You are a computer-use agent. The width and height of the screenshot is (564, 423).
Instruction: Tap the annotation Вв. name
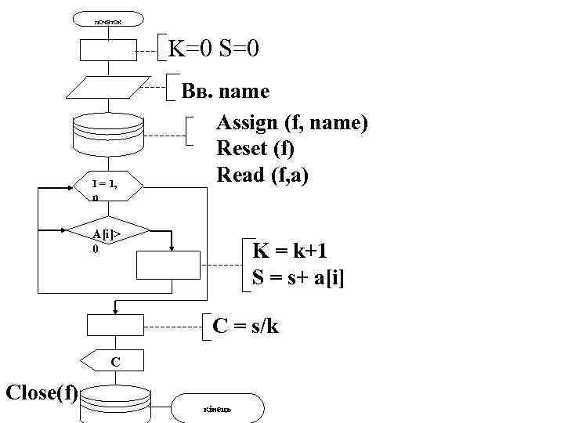click(226, 92)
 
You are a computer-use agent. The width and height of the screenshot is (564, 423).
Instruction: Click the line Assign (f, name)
click(292, 123)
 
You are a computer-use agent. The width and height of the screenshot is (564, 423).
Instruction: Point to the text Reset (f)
click(255, 149)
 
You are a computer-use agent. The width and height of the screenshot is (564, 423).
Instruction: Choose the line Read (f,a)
click(262, 175)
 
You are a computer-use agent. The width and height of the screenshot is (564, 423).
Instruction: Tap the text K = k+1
click(289, 251)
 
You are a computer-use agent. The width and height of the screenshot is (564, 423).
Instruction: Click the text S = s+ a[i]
click(298, 277)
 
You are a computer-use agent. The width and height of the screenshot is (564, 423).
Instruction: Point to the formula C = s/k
click(246, 326)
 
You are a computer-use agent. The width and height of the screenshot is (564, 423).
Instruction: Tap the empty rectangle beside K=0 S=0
click(109, 49)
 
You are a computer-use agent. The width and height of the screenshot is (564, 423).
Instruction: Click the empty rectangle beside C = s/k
click(115, 325)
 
